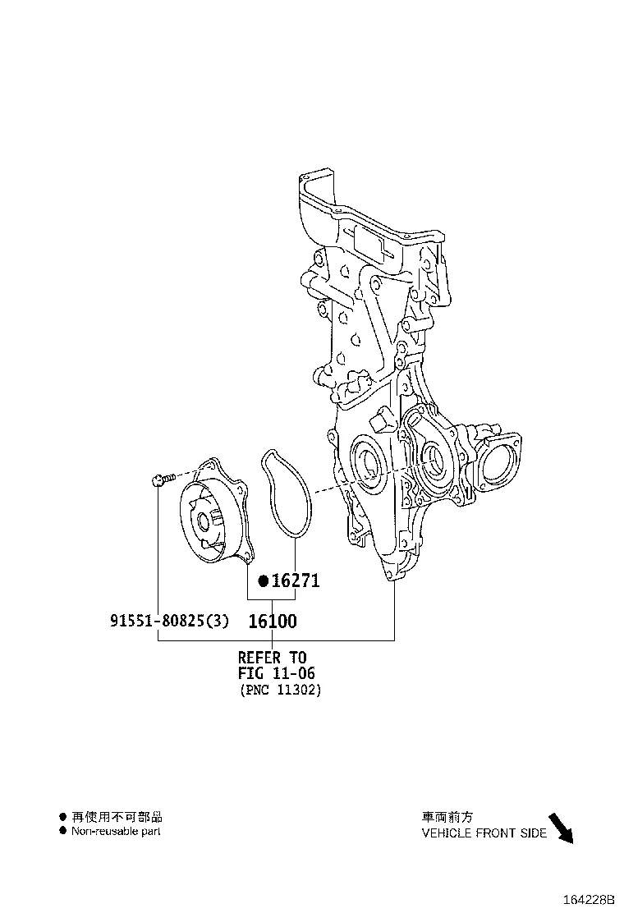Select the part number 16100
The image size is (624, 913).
[x=273, y=622]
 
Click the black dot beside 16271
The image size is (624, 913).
[x=263, y=581]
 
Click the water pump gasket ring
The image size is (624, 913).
[x=284, y=493]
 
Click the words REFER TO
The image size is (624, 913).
[x=272, y=658]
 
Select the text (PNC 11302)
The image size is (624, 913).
[x=280, y=690]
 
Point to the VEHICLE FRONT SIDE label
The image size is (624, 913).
[x=484, y=833]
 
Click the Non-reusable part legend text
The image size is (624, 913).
[x=116, y=831]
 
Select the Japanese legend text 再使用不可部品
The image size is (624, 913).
[x=117, y=816]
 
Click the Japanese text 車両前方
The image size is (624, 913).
[x=447, y=817]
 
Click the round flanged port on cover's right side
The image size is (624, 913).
[x=499, y=464]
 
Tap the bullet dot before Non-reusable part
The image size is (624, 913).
[x=62, y=831]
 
